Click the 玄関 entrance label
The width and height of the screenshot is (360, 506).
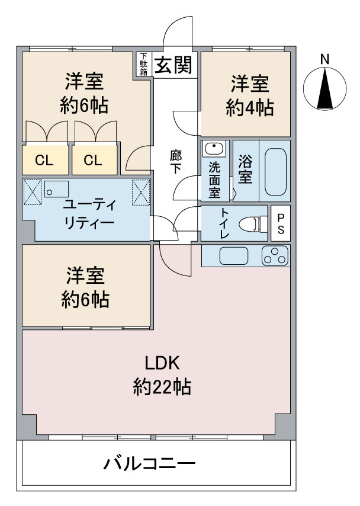pyautogui.click(x=173, y=65)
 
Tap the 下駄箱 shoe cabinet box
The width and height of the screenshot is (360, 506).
pyautogui.click(x=143, y=65)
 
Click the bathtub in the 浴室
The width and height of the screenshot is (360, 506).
pyautogui.click(x=275, y=172)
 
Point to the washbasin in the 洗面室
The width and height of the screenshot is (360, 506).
pyautogui.click(x=214, y=149)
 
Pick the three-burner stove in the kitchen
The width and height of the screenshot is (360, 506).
pyautogui.click(x=275, y=255)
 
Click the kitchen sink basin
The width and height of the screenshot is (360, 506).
pyautogui.click(x=234, y=255)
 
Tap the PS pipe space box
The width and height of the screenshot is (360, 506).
pyautogui.click(x=281, y=223)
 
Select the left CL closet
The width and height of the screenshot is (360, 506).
pyautogui.click(x=45, y=160)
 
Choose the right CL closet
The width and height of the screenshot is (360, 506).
pyautogui.click(x=94, y=160)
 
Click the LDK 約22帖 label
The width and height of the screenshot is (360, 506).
pyautogui.click(x=162, y=375)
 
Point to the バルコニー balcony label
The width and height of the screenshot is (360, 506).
pyautogui.click(x=149, y=464)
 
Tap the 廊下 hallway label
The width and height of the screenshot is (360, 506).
pyautogui.click(x=175, y=162)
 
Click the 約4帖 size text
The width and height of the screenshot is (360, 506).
pyautogui.click(x=250, y=108)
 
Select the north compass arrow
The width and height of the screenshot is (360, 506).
pyautogui.click(x=325, y=88)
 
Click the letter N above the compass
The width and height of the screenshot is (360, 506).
pyautogui.click(x=325, y=59)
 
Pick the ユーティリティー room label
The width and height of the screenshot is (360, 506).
pyautogui.click(x=89, y=213)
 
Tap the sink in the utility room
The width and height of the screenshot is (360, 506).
pyautogui.click(x=56, y=189)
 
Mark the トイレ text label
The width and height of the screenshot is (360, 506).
pyautogui.click(x=225, y=223)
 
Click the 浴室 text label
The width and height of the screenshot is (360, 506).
pyautogui.click(x=245, y=170)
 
